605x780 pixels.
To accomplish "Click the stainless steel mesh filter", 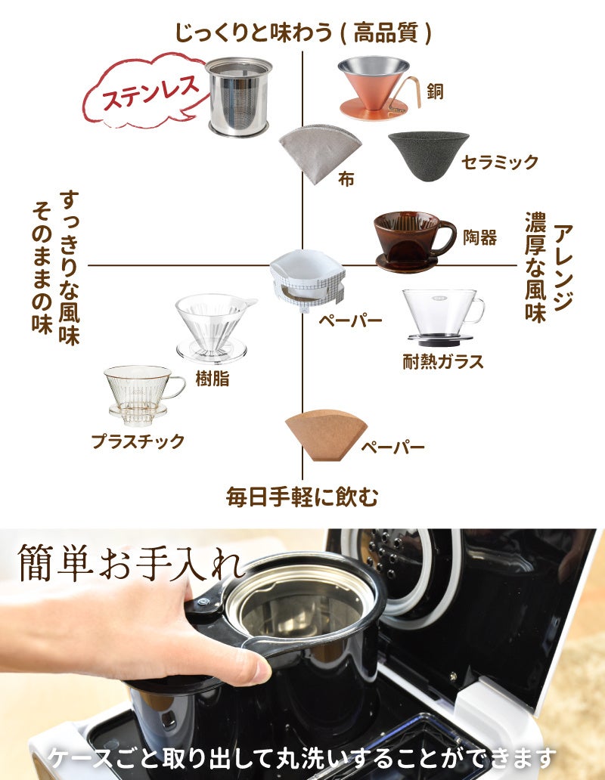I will pyautogui.click(x=238, y=97).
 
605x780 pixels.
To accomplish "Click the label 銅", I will pyautogui.click(x=435, y=91).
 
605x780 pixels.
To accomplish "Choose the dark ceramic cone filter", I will pyautogui.click(x=428, y=155).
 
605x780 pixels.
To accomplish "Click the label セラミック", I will pyautogui.click(x=500, y=162).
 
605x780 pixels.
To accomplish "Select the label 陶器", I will pyautogui.click(x=480, y=237).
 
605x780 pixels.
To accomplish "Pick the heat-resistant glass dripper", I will pyautogui.click(x=442, y=317).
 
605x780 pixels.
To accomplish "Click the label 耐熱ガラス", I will pyautogui.click(x=442, y=361).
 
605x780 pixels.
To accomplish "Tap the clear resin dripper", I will pyautogui.click(x=213, y=325).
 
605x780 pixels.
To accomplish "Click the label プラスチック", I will pyautogui.click(x=138, y=441).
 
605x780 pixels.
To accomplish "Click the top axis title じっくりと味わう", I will pyautogui.click(x=302, y=32).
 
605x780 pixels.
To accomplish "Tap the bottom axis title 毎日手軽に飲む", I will pyautogui.click(x=302, y=497).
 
